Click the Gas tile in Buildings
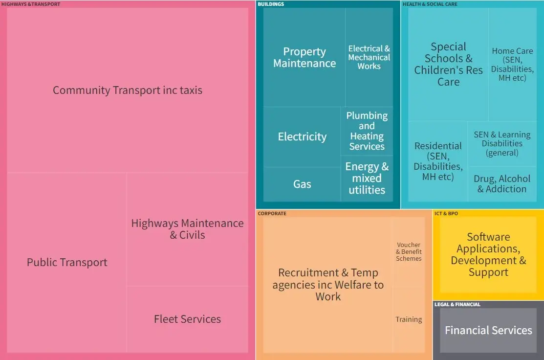pos(302,184)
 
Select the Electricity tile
pos(302,137)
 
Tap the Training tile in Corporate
pos(409,319)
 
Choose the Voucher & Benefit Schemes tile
pos(409,251)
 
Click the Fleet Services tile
pos(187,319)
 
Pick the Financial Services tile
pos(488,330)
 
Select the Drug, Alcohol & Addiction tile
pos(502,184)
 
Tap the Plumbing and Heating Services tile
pos(367,131)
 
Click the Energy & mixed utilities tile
pos(367,178)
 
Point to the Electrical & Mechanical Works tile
pos(369,57)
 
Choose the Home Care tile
pos(512,64)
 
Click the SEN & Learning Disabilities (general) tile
pos(502,143)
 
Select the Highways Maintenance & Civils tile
pos(187,229)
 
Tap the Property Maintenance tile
pos(305,58)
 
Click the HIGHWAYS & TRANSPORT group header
pos(31,4)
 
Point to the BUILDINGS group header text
pos(271,4)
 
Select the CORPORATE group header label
pos(272,214)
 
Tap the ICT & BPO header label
pos(446,214)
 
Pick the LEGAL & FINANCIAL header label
pos(457,305)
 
